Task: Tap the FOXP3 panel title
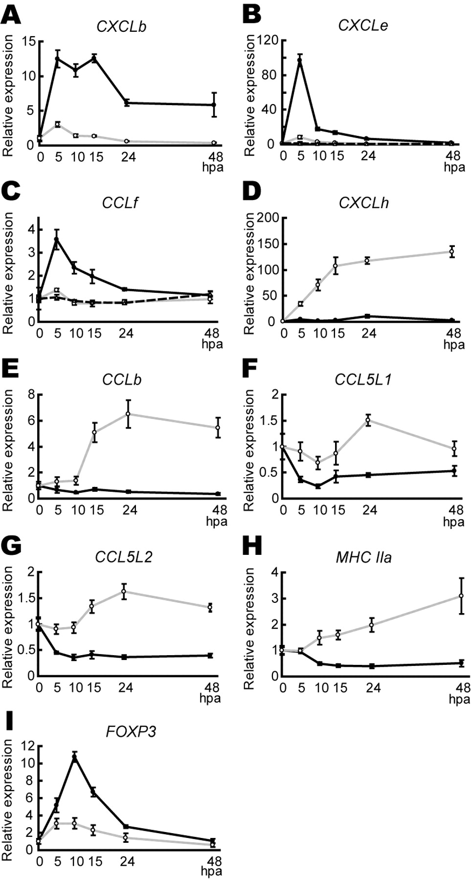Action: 131,731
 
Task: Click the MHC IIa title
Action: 363,557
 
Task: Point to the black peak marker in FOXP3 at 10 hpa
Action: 75,757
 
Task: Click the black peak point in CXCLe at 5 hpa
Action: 300,61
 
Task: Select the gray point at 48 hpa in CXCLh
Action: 452,252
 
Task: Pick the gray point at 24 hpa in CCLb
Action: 128,414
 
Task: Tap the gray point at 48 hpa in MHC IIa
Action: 461,596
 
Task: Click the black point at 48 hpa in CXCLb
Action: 214,105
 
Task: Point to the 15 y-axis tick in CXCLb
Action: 29,41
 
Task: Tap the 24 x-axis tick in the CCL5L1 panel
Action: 369,510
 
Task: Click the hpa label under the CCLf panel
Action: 212,344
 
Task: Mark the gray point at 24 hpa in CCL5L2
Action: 124,592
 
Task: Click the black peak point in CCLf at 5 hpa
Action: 57,240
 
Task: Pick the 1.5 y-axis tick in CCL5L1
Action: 268,421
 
